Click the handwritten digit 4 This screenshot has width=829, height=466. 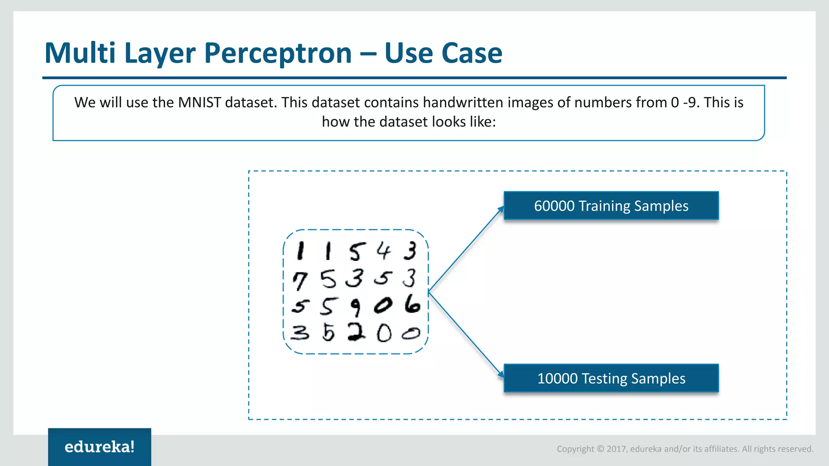(383, 251)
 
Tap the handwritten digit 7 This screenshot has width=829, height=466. (300, 280)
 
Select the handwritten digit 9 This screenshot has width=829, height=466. (355, 307)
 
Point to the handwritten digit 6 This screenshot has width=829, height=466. (412, 304)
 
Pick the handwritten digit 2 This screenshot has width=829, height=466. (356, 333)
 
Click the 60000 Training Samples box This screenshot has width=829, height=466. (611, 205)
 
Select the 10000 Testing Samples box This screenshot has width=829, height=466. (611, 378)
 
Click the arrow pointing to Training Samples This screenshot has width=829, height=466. (466, 248)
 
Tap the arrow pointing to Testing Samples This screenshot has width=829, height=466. (466, 334)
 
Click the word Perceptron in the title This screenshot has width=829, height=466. (278, 53)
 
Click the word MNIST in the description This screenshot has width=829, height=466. (199, 102)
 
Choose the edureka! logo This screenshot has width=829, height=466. (100, 447)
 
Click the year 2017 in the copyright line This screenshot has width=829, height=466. (616, 449)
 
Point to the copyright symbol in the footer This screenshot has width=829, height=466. (600, 449)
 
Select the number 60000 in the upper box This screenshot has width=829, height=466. (554, 206)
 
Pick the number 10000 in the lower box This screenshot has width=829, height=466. (557, 379)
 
